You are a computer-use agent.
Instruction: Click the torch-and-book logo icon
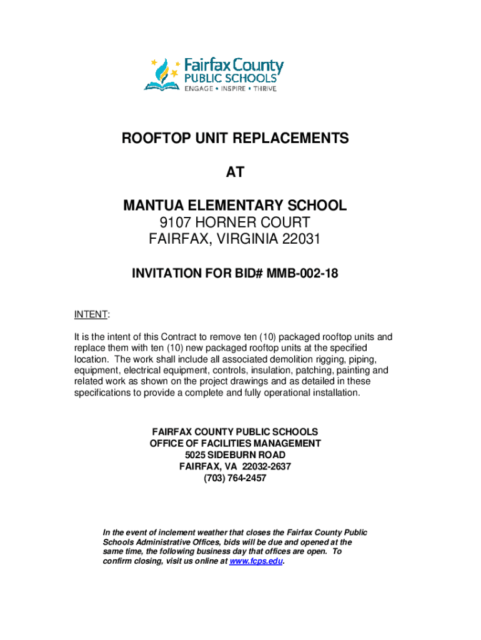[x=161, y=74]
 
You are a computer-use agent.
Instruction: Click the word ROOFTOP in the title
[x=154, y=139]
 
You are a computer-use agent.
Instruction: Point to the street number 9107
[x=177, y=222]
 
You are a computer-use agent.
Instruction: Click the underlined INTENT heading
[x=90, y=312]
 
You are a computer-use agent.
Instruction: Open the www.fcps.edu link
[x=257, y=561]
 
